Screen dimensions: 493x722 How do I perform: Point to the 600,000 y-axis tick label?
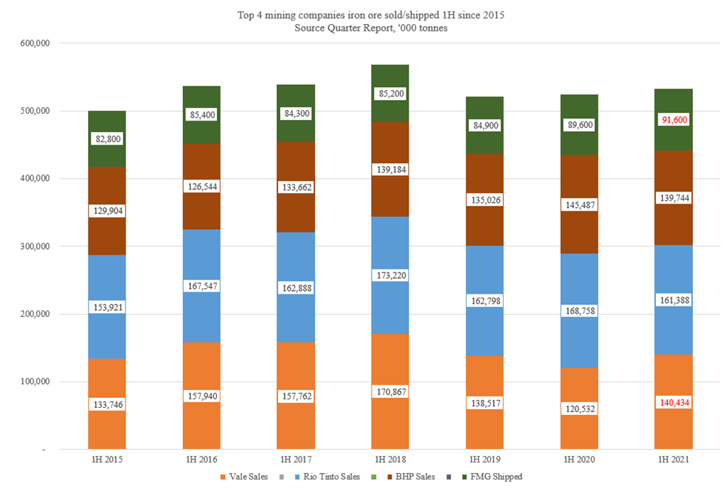32,43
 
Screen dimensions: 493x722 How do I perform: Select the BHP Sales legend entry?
416,477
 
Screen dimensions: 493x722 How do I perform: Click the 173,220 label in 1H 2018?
390,275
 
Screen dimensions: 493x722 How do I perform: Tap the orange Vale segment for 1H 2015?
106,433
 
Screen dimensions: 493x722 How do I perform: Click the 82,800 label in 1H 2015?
106,139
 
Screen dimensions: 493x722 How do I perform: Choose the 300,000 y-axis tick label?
32,246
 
